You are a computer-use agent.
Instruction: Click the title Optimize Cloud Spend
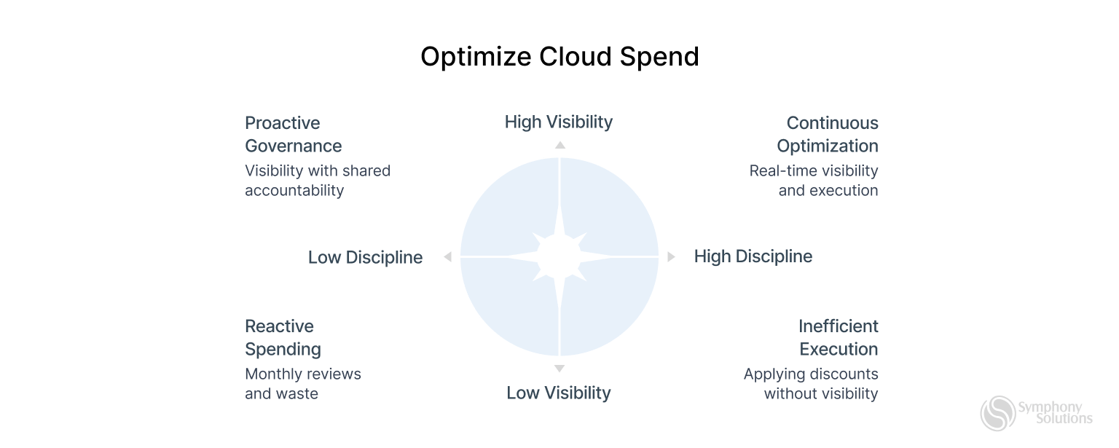[559, 57]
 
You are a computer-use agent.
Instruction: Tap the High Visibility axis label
[559, 122]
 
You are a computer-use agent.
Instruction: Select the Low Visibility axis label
[559, 393]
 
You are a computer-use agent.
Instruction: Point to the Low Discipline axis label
[365, 257]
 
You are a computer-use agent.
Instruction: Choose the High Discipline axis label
[753, 256]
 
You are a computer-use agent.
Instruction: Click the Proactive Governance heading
[294, 134]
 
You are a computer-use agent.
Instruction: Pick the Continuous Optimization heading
[828, 134]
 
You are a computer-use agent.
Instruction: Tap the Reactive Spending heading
[283, 337]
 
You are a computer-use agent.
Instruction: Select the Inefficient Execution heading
[838, 337]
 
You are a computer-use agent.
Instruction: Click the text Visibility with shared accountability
[318, 181]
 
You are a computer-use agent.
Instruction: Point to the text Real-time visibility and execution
[814, 181]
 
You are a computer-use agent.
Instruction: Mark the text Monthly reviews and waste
[303, 384]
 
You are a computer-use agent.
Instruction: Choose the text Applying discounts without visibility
[811, 384]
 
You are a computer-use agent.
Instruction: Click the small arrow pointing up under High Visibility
[559, 145]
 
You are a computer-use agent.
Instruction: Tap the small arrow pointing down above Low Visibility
[559, 369]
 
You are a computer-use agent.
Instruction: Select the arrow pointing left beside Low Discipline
[447, 257]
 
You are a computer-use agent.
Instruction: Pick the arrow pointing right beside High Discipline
[672, 257]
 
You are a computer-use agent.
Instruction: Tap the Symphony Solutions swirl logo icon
[997, 413]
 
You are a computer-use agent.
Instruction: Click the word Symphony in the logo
[1050, 407]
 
